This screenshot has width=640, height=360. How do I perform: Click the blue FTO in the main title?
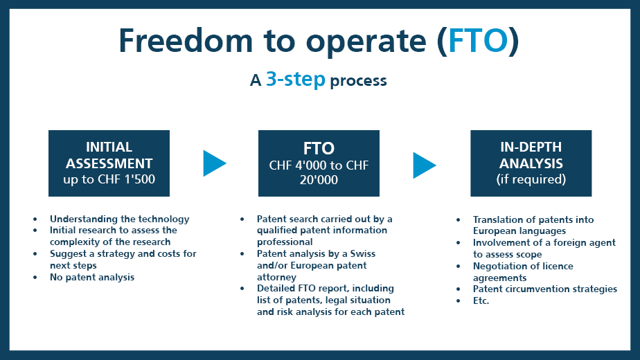coord(478,41)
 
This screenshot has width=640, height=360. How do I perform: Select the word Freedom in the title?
coord(186,40)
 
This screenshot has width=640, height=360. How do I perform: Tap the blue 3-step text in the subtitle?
coord(296,79)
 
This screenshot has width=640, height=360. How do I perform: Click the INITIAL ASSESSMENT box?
coord(109,163)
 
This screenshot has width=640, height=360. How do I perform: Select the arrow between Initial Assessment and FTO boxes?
coord(214,163)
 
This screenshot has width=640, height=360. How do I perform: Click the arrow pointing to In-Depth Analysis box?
coord(424,165)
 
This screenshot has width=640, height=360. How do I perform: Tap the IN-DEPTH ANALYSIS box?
coord(531,163)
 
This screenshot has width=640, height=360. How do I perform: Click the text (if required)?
coord(531,179)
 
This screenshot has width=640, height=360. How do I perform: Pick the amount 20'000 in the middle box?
coord(319,179)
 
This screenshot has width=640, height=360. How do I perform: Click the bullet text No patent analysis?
coord(92,277)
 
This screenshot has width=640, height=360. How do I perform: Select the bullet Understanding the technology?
coord(120,219)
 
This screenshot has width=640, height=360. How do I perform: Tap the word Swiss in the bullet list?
coord(362,253)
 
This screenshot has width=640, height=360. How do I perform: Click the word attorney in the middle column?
coord(276,278)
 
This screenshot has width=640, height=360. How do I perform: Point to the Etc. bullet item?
coord(481,301)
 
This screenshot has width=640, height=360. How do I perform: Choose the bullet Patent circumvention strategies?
coord(545,289)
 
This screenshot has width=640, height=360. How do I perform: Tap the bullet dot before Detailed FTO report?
coord(242,289)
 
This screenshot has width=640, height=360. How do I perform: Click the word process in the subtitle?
coord(358,81)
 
